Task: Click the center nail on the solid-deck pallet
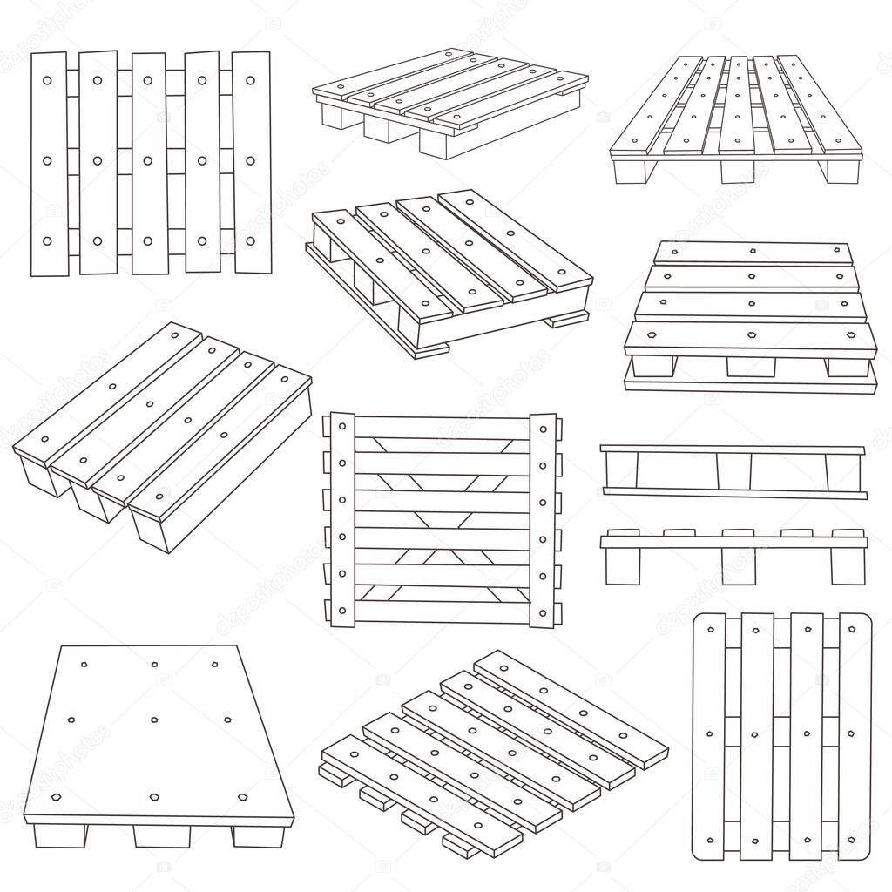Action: (x=154, y=720)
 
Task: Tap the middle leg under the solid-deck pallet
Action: (x=162, y=835)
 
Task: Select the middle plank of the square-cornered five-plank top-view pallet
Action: (x=149, y=164)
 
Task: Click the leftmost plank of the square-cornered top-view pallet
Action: (x=49, y=164)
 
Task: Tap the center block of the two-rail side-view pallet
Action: (x=733, y=471)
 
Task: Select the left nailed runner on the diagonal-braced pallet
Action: (x=341, y=520)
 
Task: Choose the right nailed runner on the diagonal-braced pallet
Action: (x=543, y=520)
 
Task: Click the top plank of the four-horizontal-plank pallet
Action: (x=753, y=253)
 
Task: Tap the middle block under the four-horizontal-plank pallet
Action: (x=751, y=367)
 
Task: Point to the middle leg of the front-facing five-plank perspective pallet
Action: (x=737, y=172)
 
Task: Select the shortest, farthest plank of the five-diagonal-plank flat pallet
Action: (x=571, y=708)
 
